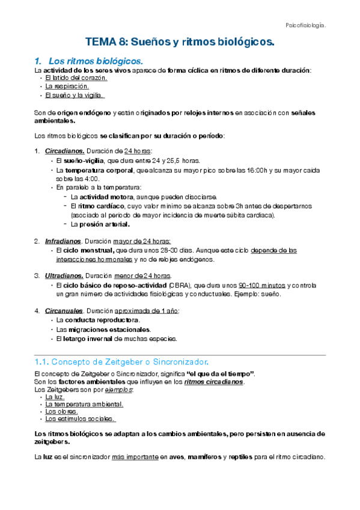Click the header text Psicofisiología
[305, 25]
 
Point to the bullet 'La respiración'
[67, 87]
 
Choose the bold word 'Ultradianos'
[64, 275]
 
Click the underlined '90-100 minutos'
[261, 285]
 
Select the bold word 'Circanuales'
[64, 311]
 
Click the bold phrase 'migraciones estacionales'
[112, 330]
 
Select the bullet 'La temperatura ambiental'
[80, 404]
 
